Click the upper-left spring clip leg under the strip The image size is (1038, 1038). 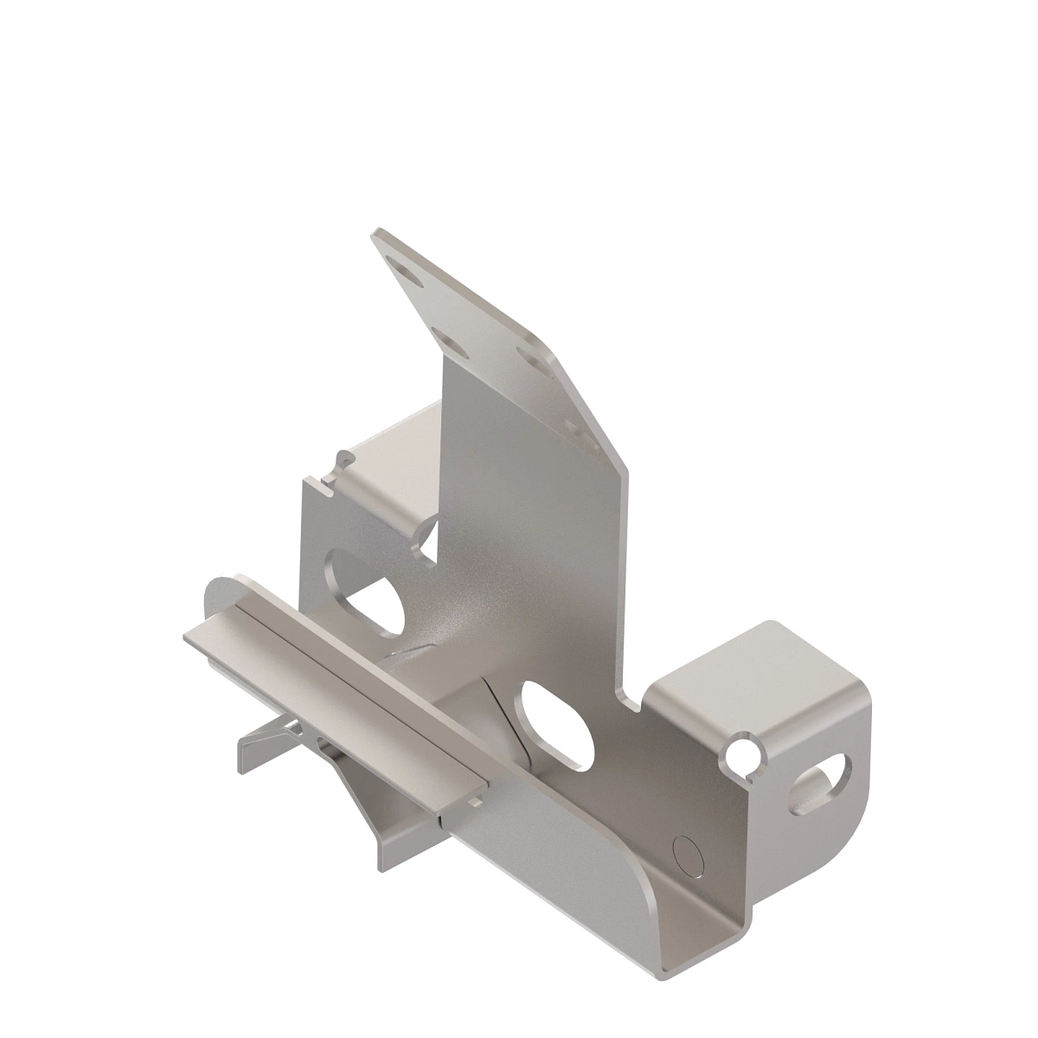click(x=259, y=744)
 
